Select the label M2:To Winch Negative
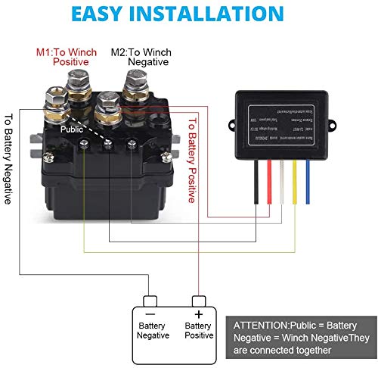(x=141, y=58)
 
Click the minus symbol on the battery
(x=150, y=313)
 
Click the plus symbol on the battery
(x=198, y=313)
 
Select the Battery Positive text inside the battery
(x=198, y=331)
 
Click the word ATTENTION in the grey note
(x=262, y=323)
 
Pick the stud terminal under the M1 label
(x=78, y=92)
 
